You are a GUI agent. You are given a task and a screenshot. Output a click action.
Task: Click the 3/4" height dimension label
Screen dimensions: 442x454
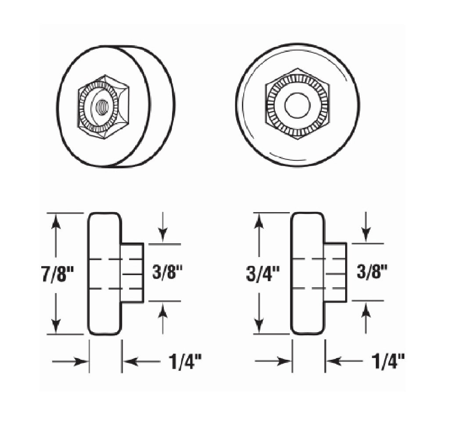[x=262, y=275]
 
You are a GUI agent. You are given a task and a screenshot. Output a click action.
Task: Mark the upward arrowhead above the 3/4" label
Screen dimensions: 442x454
[x=259, y=222]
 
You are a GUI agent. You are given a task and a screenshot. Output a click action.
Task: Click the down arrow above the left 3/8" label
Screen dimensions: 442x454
[x=163, y=235]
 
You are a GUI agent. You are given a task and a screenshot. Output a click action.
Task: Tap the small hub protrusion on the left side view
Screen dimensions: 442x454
[x=133, y=273]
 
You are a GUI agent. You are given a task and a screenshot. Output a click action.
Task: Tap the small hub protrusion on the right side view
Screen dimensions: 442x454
[x=336, y=272]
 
